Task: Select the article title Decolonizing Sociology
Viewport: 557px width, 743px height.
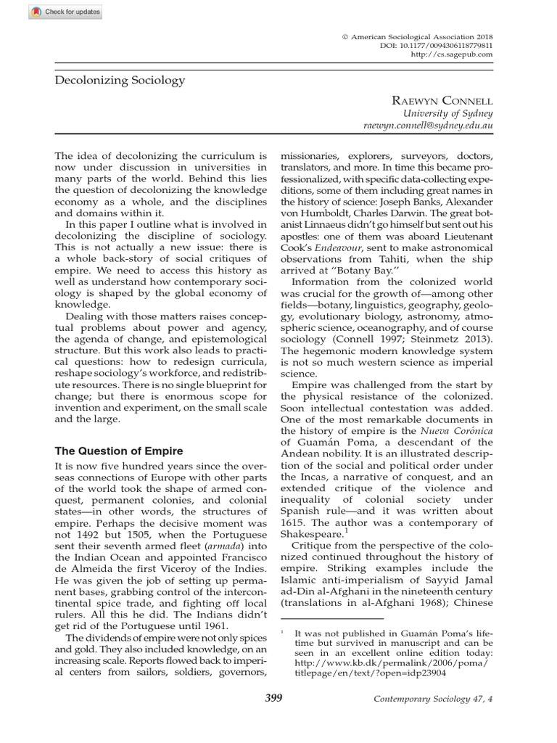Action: coord(120,81)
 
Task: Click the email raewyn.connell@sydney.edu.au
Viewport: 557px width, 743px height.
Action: coord(428,126)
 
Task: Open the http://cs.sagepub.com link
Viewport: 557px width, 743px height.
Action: coord(451,54)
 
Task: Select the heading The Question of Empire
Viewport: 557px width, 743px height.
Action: coord(119,451)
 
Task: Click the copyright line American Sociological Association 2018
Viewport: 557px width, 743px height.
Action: coord(420,35)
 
